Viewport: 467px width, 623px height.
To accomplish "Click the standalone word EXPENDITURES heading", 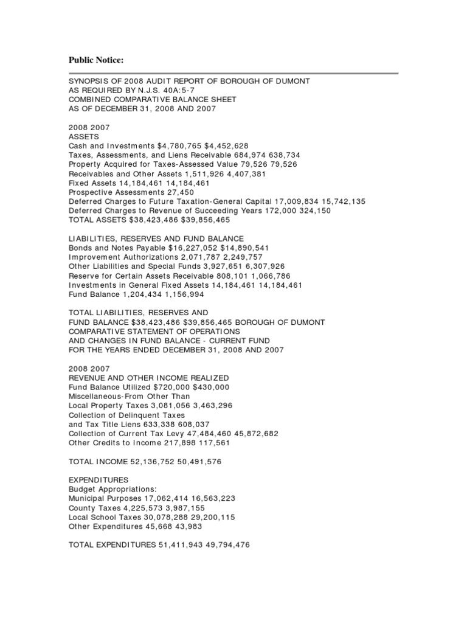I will coord(99,480).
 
